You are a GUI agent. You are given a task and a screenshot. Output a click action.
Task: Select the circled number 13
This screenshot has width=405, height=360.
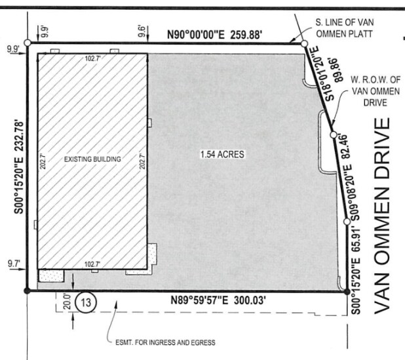(85, 304)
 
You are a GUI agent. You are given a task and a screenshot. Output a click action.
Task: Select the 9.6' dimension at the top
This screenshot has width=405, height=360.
(141, 28)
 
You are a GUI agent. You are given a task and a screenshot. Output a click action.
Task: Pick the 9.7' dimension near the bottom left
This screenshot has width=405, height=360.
(12, 264)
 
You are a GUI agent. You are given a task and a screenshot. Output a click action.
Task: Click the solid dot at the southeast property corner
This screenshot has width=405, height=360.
(347, 291)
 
